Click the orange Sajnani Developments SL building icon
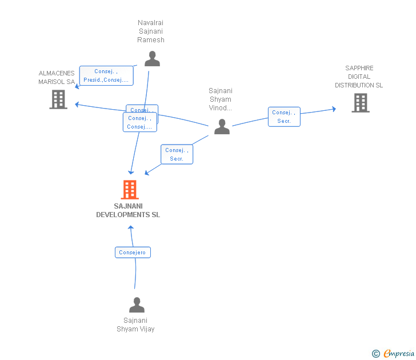(x=130, y=190)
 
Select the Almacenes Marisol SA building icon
(x=58, y=99)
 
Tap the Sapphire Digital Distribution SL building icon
(x=360, y=103)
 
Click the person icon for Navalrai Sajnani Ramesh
(x=152, y=59)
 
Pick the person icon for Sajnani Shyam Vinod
(x=222, y=127)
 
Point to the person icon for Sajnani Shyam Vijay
(x=137, y=305)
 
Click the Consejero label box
(x=133, y=252)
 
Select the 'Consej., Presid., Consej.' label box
(x=106, y=75)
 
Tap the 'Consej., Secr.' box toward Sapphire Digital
(x=284, y=117)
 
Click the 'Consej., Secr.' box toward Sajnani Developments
(x=177, y=154)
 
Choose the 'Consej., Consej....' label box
(x=139, y=122)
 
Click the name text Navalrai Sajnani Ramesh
(x=151, y=31)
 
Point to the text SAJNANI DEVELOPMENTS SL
(x=128, y=210)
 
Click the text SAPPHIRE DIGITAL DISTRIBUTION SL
(x=359, y=77)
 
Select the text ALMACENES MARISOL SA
(x=57, y=78)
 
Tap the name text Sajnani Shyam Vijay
(x=135, y=325)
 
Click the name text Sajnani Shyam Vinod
(x=220, y=99)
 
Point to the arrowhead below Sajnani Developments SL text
(x=131, y=227)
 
